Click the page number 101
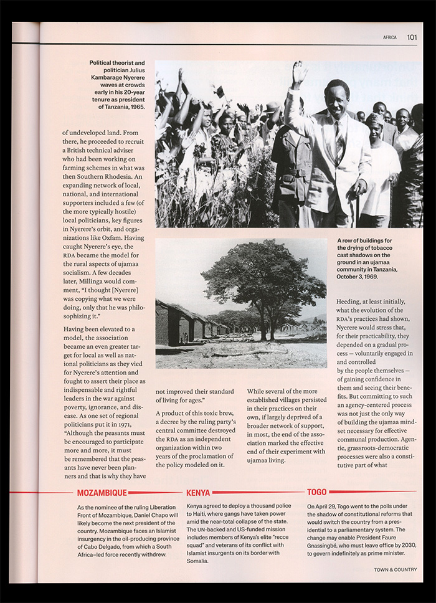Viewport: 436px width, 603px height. pyautogui.click(x=412, y=37)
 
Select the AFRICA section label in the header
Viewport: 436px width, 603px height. pyautogui.click(x=390, y=37)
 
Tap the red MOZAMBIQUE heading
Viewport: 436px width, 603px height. pyautogui.click(x=102, y=493)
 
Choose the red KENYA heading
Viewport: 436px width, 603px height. pyautogui.click(x=198, y=493)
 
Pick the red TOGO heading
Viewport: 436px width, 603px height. pyautogui.click(x=317, y=492)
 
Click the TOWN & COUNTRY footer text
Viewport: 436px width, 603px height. pyautogui.click(x=396, y=569)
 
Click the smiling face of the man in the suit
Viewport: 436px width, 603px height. pyautogui.click(x=337, y=100)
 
